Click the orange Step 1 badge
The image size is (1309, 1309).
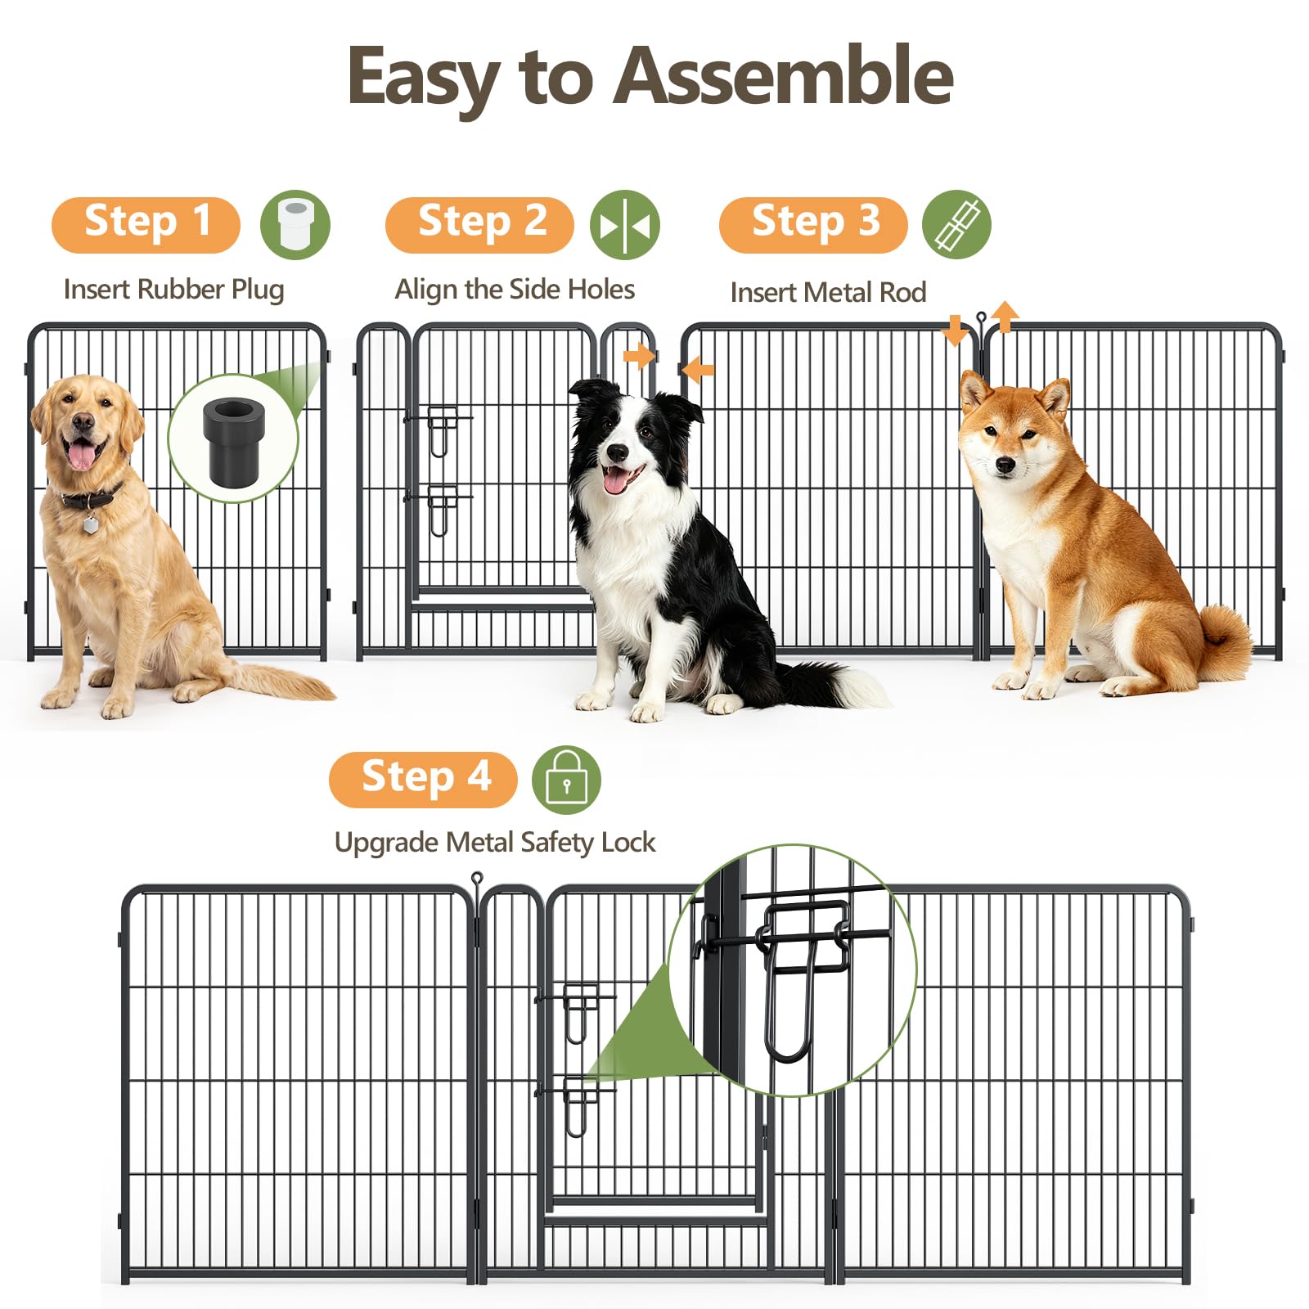pos(146,225)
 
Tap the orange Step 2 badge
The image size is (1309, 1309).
pos(479,225)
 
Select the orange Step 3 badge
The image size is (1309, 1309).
pos(813,225)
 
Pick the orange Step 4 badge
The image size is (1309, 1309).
pos(423,780)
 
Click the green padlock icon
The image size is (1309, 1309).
pos(566,780)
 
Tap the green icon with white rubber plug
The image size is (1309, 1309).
pos(295,225)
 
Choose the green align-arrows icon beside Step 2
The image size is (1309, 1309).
pos(625,225)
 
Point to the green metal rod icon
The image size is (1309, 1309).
pos(956,225)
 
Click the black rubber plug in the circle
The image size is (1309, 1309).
pos(234,441)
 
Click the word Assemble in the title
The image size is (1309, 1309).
pos(784,76)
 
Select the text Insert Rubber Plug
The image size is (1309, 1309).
pos(173,290)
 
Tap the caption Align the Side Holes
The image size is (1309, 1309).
pos(515,290)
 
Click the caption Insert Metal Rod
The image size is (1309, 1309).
pos(828,292)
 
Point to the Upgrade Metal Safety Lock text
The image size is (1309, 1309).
pos(495,843)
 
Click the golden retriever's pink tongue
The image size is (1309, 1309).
pos(82,455)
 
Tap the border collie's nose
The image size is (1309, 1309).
pos(618,452)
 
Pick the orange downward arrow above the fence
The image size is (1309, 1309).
pos(954,331)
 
